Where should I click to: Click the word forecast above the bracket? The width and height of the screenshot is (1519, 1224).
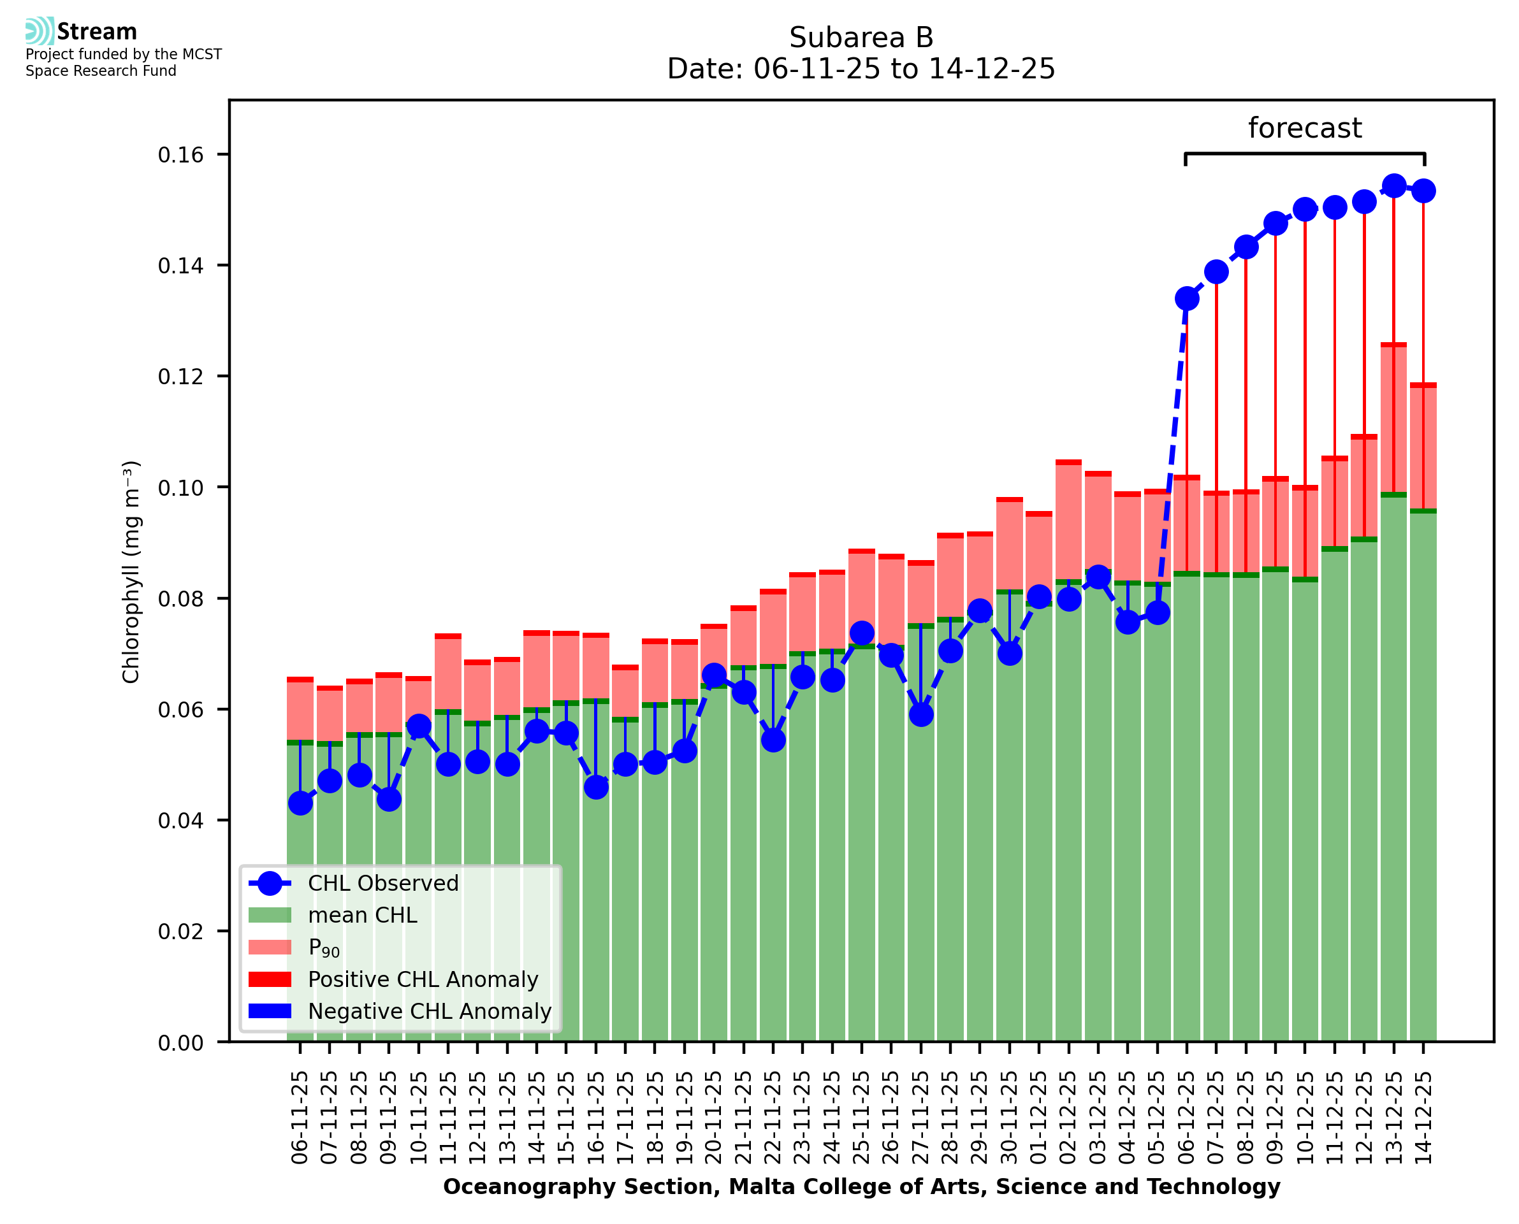click(x=1304, y=128)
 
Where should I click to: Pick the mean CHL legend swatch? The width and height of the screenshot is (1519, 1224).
click(x=270, y=915)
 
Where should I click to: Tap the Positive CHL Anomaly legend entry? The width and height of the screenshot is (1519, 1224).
click(x=423, y=979)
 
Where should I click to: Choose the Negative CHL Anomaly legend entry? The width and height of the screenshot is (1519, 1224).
click(x=429, y=1011)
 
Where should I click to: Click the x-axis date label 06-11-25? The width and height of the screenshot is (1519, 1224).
click(x=300, y=1118)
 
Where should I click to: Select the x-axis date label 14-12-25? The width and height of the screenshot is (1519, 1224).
click(x=1423, y=1118)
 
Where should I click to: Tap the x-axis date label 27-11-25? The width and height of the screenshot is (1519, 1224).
click(x=921, y=1118)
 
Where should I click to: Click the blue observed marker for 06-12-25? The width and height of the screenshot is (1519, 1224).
click(x=1187, y=299)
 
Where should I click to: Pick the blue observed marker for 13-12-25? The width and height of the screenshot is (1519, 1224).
click(x=1393, y=186)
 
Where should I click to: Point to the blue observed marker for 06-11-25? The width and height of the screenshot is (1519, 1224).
click(x=300, y=803)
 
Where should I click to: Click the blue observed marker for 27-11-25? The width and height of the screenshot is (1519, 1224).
click(x=921, y=715)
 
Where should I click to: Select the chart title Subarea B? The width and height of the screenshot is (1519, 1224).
click(x=861, y=38)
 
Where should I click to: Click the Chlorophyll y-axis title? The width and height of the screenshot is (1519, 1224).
click(x=131, y=572)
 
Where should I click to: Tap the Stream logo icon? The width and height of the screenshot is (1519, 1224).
click(x=40, y=31)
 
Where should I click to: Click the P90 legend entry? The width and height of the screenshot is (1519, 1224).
click(x=324, y=947)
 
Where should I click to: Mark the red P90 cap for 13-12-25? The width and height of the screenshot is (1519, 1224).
click(x=1393, y=345)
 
